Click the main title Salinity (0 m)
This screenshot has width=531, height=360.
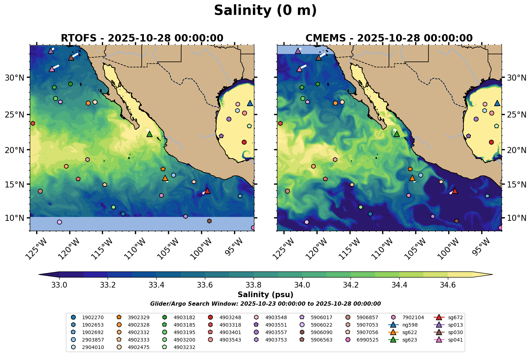coord(265,11)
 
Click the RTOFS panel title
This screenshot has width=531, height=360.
coord(142,38)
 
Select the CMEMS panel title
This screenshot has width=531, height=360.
coord(389,38)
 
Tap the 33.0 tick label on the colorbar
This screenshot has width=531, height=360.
coord(59,285)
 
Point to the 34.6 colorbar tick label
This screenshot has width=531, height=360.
coord(448,285)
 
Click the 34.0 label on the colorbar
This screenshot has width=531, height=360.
coord(302,285)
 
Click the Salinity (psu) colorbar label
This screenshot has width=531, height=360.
coord(265,295)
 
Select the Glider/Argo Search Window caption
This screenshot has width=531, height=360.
coord(265,304)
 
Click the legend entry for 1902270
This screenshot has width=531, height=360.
coord(87,317)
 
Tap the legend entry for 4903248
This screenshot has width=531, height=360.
coord(225,317)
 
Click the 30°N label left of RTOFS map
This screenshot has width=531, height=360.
coord(15,78)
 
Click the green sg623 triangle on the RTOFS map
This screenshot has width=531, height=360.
coord(150,134)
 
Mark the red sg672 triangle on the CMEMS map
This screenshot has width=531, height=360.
coord(455,191)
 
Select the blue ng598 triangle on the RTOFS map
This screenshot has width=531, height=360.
coord(250,103)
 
